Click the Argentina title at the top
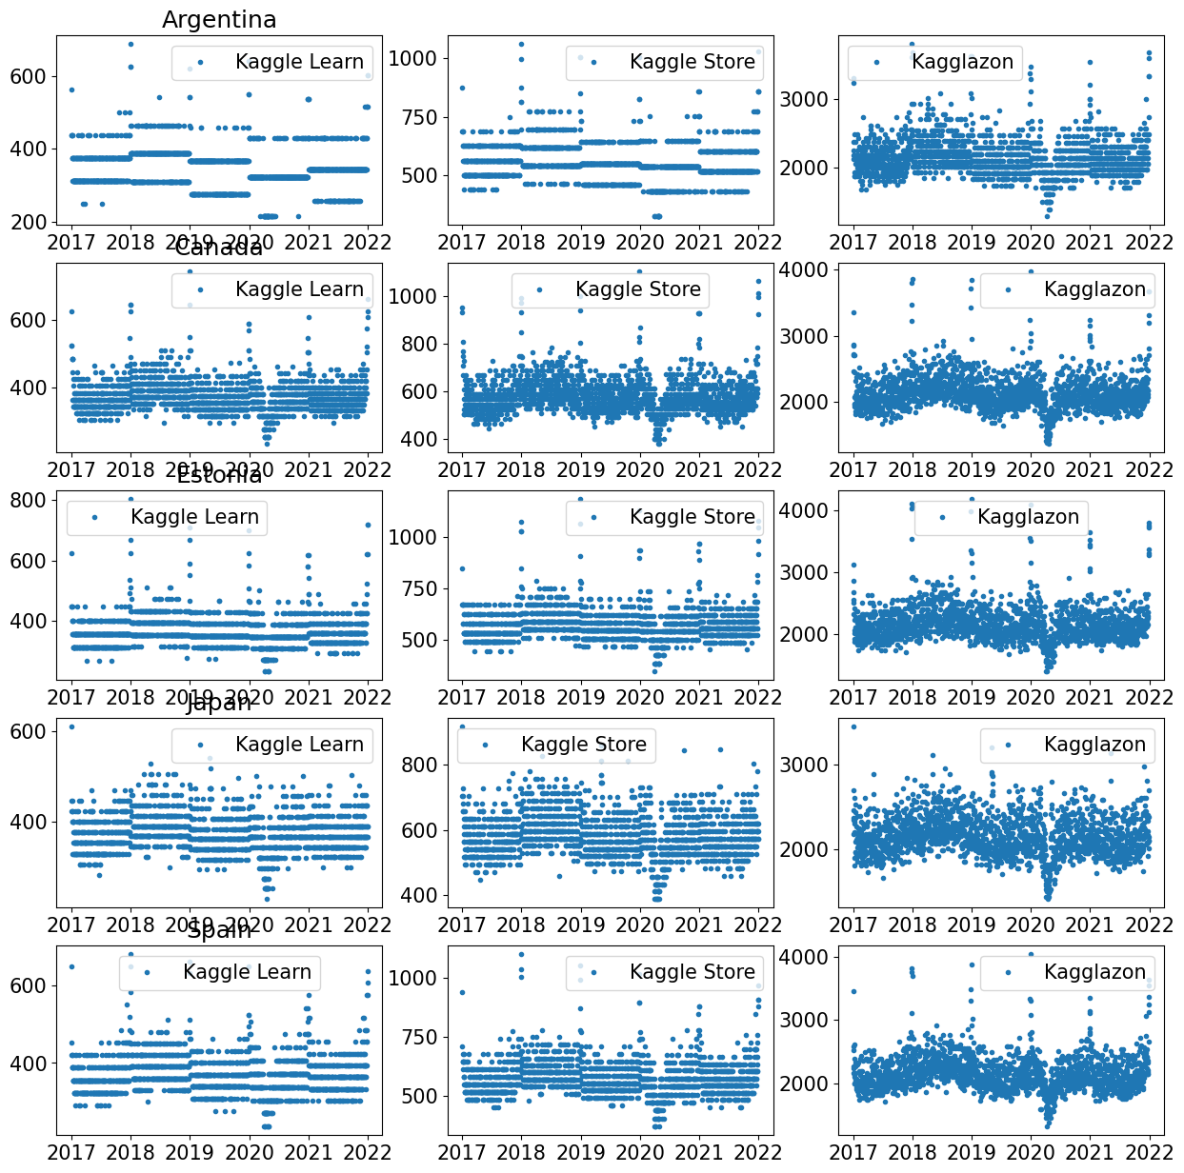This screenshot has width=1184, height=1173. pyautogui.click(x=219, y=20)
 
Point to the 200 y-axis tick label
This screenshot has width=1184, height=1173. pyautogui.click(x=28, y=222)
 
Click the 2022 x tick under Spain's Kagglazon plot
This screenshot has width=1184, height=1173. pyautogui.click(x=1150, y=1152)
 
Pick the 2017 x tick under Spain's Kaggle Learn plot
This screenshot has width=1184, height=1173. pyautogui.click(x=72, y=1152)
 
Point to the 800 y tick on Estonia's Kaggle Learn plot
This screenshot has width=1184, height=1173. pyautogui.click(x=28, y=501)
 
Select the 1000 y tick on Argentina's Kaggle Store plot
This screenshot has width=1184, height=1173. pyautogui.click(x=413, y=59)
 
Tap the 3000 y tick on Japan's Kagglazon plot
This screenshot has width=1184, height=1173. pyautogui.click(x=806, y=765)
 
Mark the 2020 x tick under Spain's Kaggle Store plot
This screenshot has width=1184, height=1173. pyautogui.click(x=640, y=1152)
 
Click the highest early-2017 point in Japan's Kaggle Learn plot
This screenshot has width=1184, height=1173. pyautogui.click(x=71, y=727)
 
